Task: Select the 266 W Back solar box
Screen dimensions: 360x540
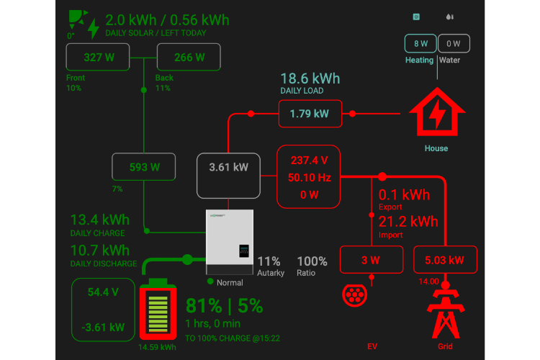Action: click(189, 57)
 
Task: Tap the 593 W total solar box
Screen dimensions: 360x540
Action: click(144, 167)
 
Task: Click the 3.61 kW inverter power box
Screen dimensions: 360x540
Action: click(228, 167)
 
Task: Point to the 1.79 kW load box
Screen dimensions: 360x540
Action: click(309, 114)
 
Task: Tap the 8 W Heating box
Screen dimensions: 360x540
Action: click(420, 43)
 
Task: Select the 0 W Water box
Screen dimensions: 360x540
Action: click(454, 43)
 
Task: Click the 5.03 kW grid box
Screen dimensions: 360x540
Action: click(445, 260)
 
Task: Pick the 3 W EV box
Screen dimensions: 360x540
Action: click(372, 260)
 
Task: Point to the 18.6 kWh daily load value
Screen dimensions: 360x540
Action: click(310, 78)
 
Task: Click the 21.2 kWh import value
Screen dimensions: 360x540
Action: click(408, 221)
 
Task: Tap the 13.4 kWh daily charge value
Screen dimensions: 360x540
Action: click(99, 220)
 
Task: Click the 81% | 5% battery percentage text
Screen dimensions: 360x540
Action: click(224, 305)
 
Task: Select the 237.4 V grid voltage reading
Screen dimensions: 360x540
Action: click(309, 160)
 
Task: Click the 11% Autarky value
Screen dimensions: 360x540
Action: click(269, 261)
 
